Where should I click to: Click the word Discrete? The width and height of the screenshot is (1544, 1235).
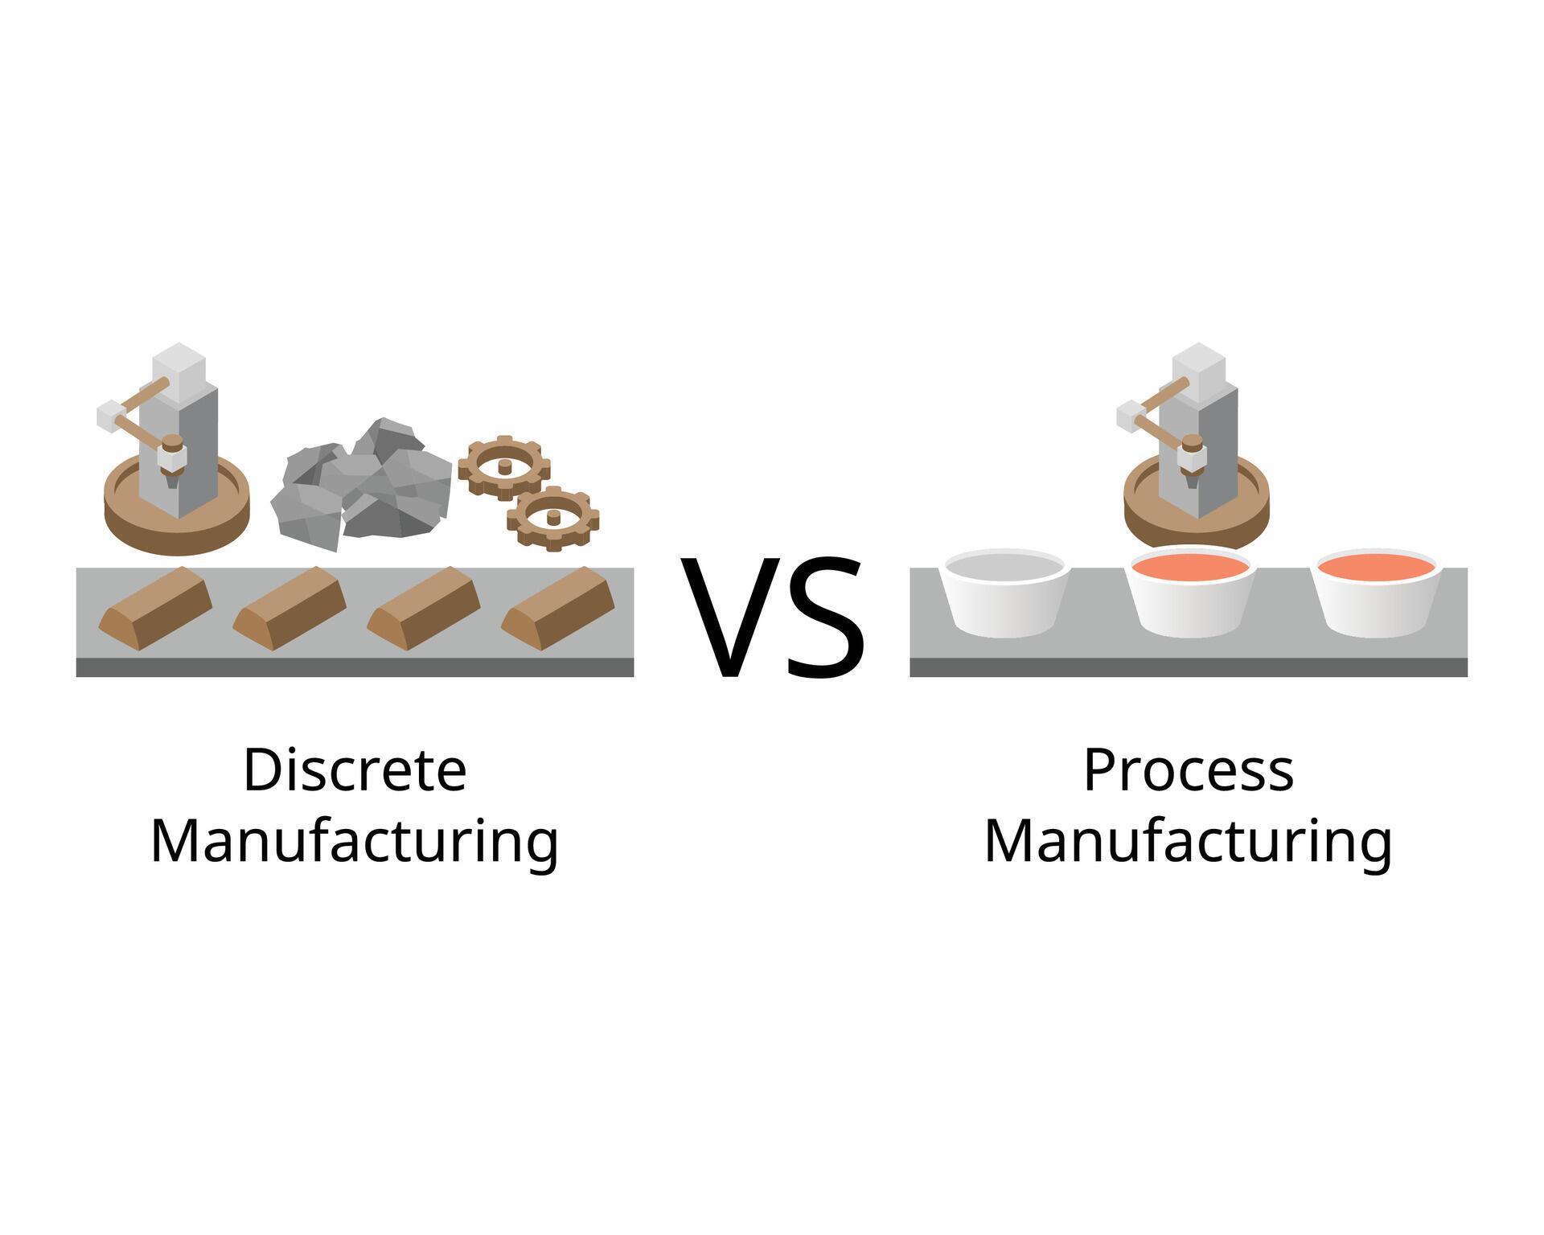click(355, 770)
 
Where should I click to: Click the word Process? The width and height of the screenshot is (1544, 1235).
click(1188, 770)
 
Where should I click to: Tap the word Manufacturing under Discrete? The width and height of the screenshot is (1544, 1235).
click(355, 842)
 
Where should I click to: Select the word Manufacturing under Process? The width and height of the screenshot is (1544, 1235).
click(1188, 842)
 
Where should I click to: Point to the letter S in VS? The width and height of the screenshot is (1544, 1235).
click(824, 615)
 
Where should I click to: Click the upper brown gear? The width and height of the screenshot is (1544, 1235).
click(504, 467)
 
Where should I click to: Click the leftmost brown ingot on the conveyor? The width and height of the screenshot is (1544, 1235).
click(155, 607)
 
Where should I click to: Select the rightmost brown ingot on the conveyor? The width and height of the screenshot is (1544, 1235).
click(558, 607)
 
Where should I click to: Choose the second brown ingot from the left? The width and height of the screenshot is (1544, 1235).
click(289, 607)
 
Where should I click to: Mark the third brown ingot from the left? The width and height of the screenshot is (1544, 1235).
click(424, 607)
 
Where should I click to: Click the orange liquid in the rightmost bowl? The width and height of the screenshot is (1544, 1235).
click(1376, 566)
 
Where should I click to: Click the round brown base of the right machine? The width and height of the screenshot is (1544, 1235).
click(1196, 527)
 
